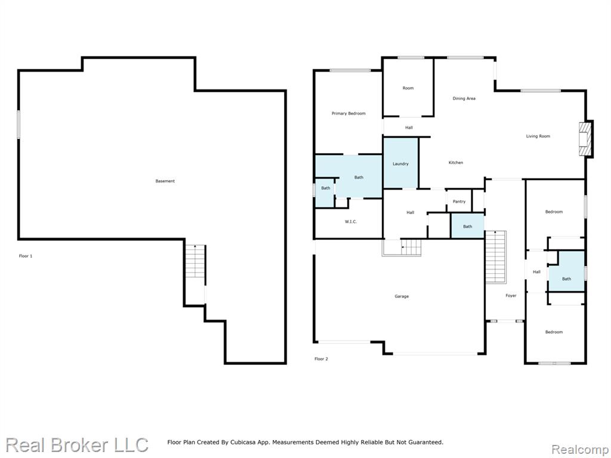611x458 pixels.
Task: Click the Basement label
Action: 165,181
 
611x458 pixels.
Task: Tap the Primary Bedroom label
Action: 348,113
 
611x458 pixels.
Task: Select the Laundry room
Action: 400,163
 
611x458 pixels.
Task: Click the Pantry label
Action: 459,202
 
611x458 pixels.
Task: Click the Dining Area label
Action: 464,98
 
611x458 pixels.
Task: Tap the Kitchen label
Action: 455,162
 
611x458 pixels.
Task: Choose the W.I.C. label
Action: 351,222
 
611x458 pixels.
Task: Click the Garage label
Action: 402,296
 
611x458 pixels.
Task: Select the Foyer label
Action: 511,296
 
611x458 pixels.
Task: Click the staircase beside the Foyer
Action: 495,256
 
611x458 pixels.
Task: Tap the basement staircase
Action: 195,261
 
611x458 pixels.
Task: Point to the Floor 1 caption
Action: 26,256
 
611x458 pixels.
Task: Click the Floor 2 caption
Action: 321,358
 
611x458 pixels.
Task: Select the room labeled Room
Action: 408,88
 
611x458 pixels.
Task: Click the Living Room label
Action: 538,137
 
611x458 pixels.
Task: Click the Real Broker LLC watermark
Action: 77,445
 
